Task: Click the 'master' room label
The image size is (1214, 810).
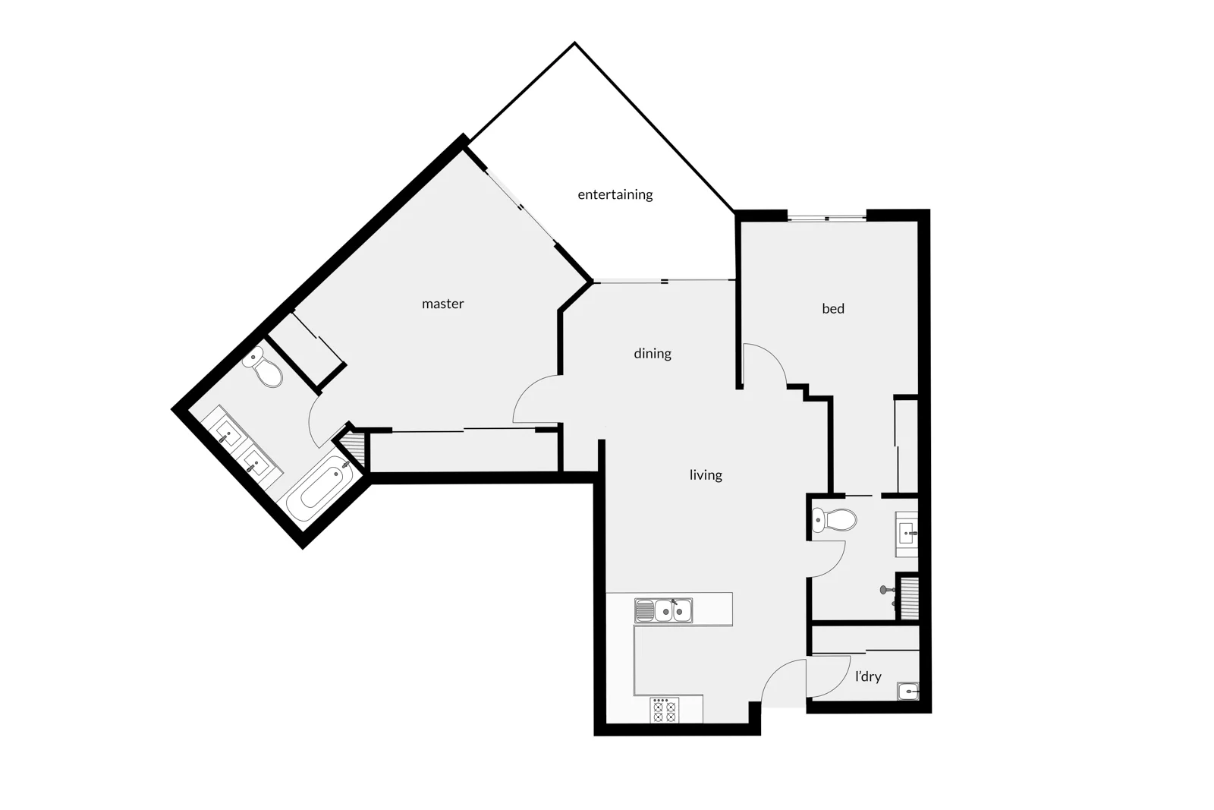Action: point(442,304)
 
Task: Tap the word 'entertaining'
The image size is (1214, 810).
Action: point(615,194)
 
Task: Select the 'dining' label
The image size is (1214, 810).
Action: point(652,353)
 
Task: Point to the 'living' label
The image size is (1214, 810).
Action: point(705,474)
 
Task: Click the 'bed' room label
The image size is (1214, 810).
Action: point(832,308)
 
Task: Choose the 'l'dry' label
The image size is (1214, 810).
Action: point(867,676)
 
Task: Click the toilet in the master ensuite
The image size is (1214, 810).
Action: point(263,367)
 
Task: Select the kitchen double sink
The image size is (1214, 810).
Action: point(664,610)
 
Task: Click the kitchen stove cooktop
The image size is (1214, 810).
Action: point(665,711)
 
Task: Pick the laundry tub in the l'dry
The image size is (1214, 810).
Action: point(907,691)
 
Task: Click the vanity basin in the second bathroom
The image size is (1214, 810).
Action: point(907,534)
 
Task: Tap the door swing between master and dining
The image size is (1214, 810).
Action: point(534,401)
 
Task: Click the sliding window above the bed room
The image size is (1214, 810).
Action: point(826,219)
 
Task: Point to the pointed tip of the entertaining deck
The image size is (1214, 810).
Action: point(575,44)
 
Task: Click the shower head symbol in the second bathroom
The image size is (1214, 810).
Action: point(884,589)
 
